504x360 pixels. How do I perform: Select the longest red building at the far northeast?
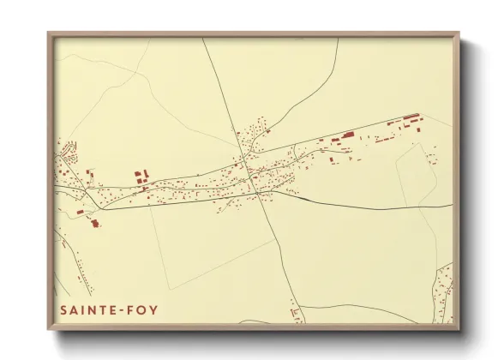pyautogui.click(x=411, y=117)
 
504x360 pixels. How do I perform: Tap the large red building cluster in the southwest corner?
pyautogui.click(x=94, y=223)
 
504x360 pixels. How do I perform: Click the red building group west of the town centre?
pyautogui.click(x=140, y=177)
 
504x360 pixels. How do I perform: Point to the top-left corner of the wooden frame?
pyautogui.click(x=49, y=34)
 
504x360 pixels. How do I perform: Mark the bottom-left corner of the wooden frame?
pyautogui.click(x=49, y=328)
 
